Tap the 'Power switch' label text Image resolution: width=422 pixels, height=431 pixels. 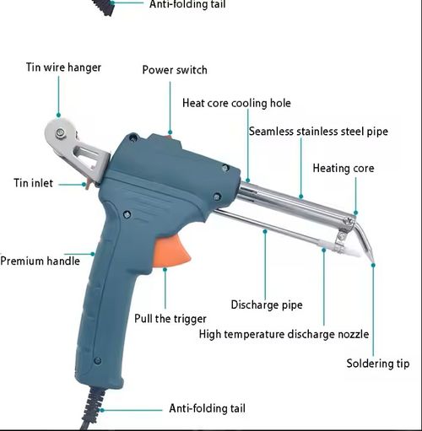point(174,70)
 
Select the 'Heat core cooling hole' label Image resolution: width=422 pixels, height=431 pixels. point(236,103)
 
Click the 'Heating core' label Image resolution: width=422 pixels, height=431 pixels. point(343,168)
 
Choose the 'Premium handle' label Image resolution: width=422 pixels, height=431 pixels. point(40,261)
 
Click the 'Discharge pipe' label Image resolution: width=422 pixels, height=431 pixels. point(267,304)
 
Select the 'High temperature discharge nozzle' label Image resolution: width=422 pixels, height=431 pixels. point(284,334)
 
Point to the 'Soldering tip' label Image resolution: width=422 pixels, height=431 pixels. point(378,364)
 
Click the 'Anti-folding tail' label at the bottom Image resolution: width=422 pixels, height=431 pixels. point(208,408)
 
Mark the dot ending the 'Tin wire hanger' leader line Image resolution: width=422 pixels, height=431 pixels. point(59,116)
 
